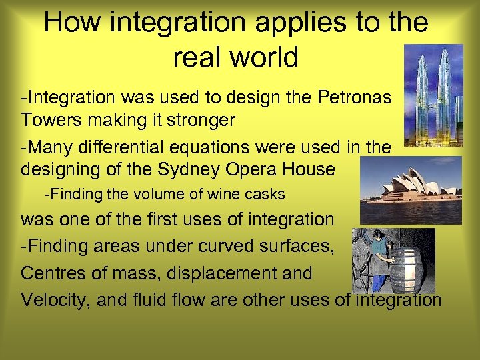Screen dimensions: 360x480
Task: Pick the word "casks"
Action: [266, 195]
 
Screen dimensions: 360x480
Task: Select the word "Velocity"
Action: [55, 300]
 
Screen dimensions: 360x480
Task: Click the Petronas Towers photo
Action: [433, 95]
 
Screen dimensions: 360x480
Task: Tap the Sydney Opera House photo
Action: [411, 189]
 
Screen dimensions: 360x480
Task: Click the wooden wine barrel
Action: [406, 270]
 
